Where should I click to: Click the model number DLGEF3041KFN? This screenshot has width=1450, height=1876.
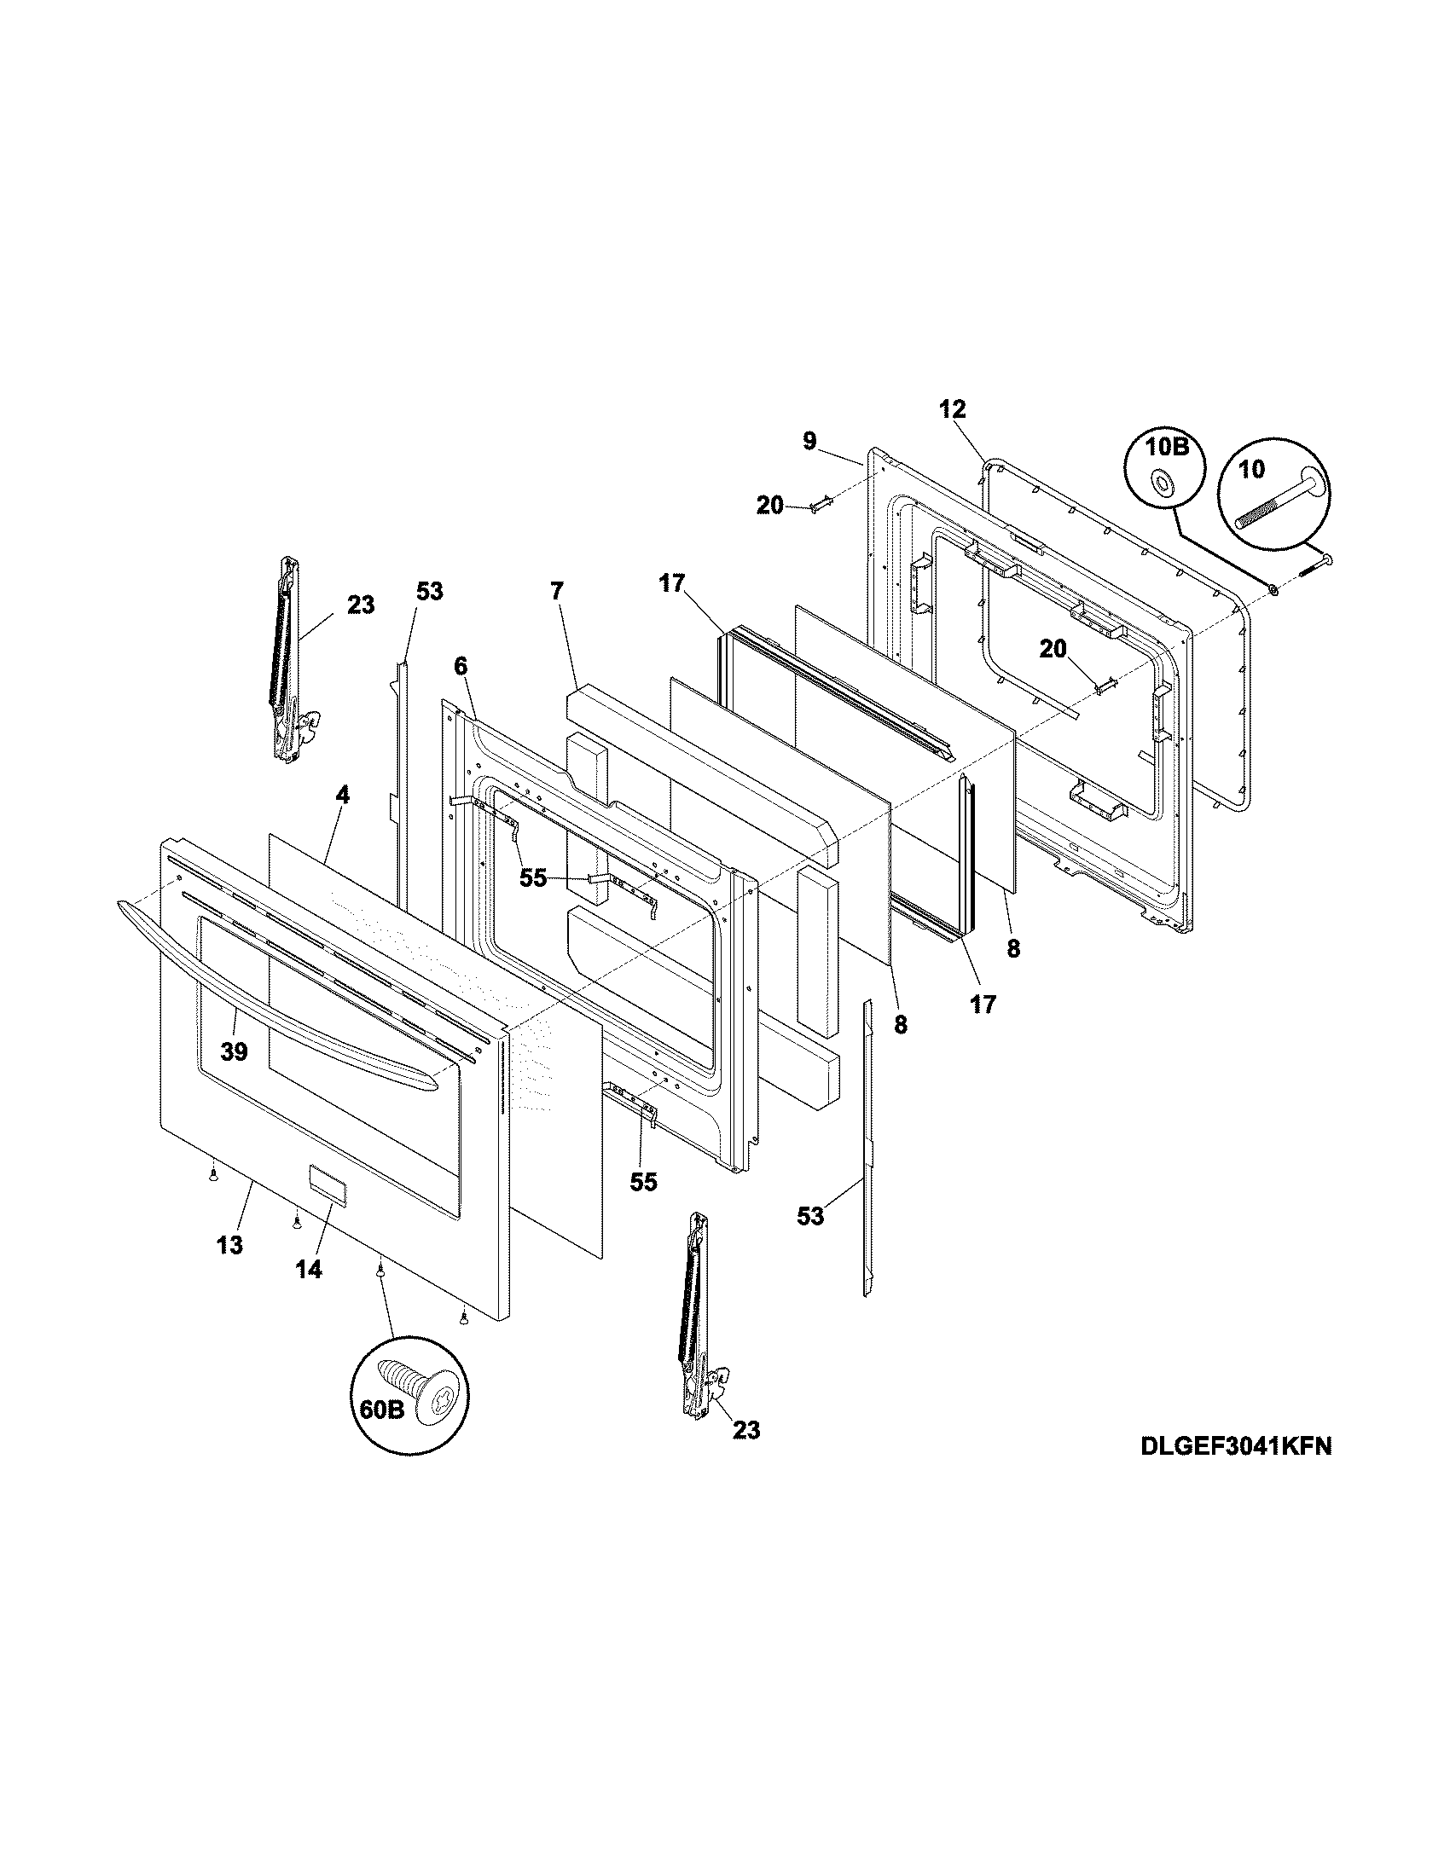(x=1236, y=1445)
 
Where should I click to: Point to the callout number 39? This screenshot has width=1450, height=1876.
(x=234, y=1051)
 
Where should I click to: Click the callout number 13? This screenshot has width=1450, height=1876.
(x=229, y=1245)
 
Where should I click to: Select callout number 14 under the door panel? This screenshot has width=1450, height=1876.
(x=309, y=1269)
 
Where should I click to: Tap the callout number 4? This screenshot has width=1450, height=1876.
(x=342, y=796)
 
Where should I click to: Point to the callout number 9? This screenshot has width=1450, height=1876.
(x=809, y=441)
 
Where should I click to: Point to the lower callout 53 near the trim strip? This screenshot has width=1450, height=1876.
(x=809, y=1215)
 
